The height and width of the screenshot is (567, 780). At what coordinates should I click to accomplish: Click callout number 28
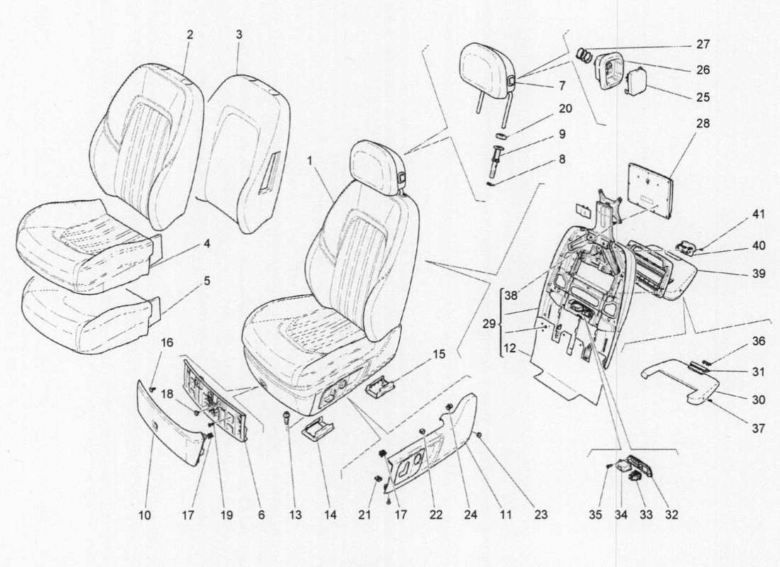pyautogui.click(x=703, y=123)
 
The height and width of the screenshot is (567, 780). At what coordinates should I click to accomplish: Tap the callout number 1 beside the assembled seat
pyautogui.click(x=310, y=161)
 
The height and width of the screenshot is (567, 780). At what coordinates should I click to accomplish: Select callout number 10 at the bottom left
pyautogui.click(x=145, y=516)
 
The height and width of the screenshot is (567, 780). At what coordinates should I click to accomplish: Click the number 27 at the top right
pyautogui.click(x=703, y=44)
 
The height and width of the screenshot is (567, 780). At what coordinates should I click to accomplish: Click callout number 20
pyautogui.click(x=564, y=109)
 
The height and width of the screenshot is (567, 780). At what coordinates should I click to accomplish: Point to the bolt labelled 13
pyautogui.click(x=287, y=418)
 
